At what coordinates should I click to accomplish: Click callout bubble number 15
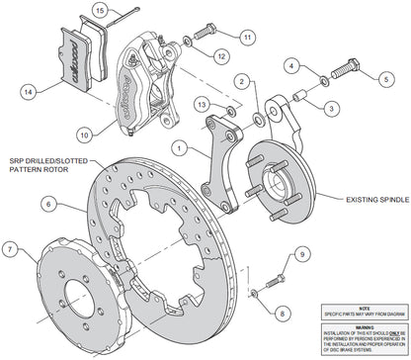click(99, 12)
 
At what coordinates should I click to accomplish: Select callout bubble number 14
click(31, 93)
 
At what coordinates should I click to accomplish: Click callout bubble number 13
click(201, 103)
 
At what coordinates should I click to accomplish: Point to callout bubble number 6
click(46, 205)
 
